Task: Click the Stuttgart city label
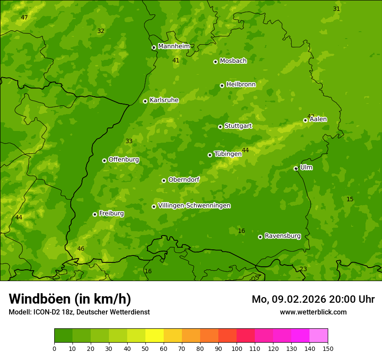238,126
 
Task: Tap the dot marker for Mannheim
154,48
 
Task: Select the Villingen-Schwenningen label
194,206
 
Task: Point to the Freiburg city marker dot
95,214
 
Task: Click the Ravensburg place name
283,236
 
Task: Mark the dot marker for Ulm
296,168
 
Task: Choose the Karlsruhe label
164,100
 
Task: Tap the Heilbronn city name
241,85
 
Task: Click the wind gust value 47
24,18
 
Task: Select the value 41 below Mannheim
176,61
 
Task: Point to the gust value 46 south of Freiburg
81,249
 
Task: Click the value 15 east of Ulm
350,200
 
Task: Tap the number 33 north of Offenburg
129,141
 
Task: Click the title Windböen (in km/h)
70,299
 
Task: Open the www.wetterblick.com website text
313,312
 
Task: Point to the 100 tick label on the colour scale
237,348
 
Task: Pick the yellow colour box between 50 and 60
155,336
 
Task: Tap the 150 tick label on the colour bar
328,348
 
